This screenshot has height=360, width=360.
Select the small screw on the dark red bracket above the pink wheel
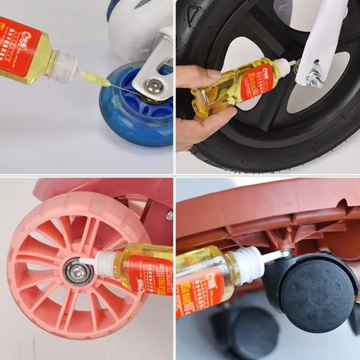(x=169, y=216)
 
